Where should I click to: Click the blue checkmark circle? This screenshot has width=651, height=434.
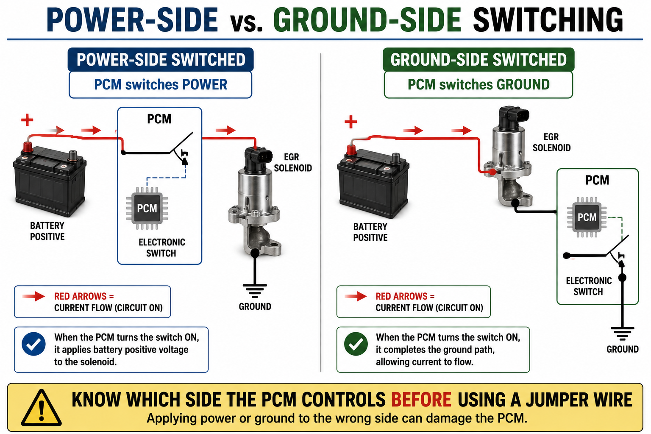pos(34,344)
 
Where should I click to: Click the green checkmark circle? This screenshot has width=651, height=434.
pos(356,344)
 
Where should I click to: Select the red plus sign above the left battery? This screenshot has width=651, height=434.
pos(27,120)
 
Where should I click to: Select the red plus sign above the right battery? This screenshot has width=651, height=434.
pos(351,122)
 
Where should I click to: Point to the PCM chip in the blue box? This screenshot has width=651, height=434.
pos(147,208)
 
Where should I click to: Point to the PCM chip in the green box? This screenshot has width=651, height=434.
pos(587,217)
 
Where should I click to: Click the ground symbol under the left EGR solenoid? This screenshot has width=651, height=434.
pos(255,291)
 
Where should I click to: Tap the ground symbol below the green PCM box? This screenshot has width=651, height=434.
pos(622,334)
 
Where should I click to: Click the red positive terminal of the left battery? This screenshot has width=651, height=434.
pos(28,147)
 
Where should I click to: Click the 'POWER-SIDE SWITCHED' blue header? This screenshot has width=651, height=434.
pos(161,60)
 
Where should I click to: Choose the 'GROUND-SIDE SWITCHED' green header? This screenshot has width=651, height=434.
pos(479,60)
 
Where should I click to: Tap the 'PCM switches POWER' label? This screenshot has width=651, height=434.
pos(161,85)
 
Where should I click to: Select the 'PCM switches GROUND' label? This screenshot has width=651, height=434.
pos(479,85)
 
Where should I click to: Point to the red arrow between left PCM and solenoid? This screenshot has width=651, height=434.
pos(225,130)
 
